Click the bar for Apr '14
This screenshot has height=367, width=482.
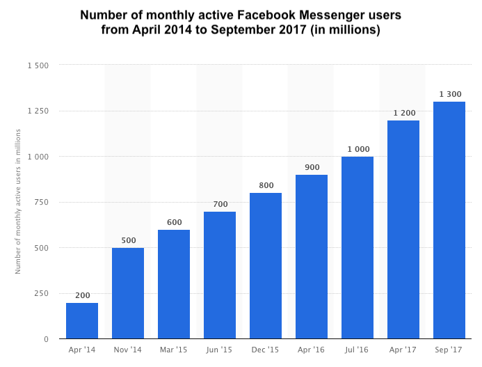[x=82, y=320]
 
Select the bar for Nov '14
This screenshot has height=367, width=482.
[x=128, y=293]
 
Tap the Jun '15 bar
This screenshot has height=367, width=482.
[x=220, y=275]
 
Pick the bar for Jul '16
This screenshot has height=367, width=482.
[x=358, y=247]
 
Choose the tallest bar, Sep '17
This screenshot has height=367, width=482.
[x=449, y=220]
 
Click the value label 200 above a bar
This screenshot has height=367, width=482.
[x=82, y=295]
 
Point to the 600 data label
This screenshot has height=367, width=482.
[x=174, y=222]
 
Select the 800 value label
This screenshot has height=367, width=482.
[x=266, y=185]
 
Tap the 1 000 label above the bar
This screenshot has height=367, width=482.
[x=358, y=149]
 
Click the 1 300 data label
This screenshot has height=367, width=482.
[x=449, y=94]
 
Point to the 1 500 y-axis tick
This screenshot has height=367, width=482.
[x=38, y=65]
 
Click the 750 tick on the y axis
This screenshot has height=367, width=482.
[x=42, y=202]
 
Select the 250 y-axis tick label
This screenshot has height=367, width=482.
[x=42, y=293]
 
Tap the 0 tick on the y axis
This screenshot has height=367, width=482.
[x=46, y=339]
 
